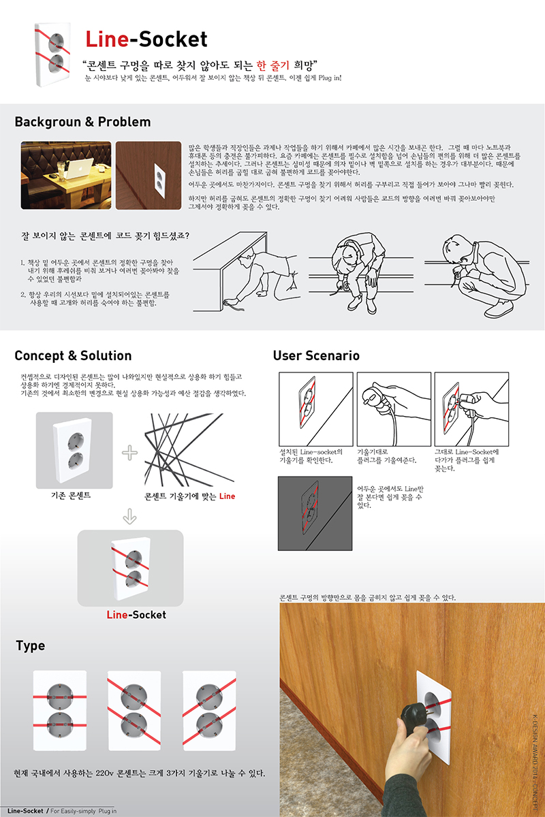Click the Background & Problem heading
[x=82, y=123]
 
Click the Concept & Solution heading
[x=73, y=356]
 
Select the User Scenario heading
[x=316, y=356]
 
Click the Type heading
[x=30, y=646]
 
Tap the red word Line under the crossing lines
[x=227, y=496]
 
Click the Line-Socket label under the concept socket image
[x=136, y=615]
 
